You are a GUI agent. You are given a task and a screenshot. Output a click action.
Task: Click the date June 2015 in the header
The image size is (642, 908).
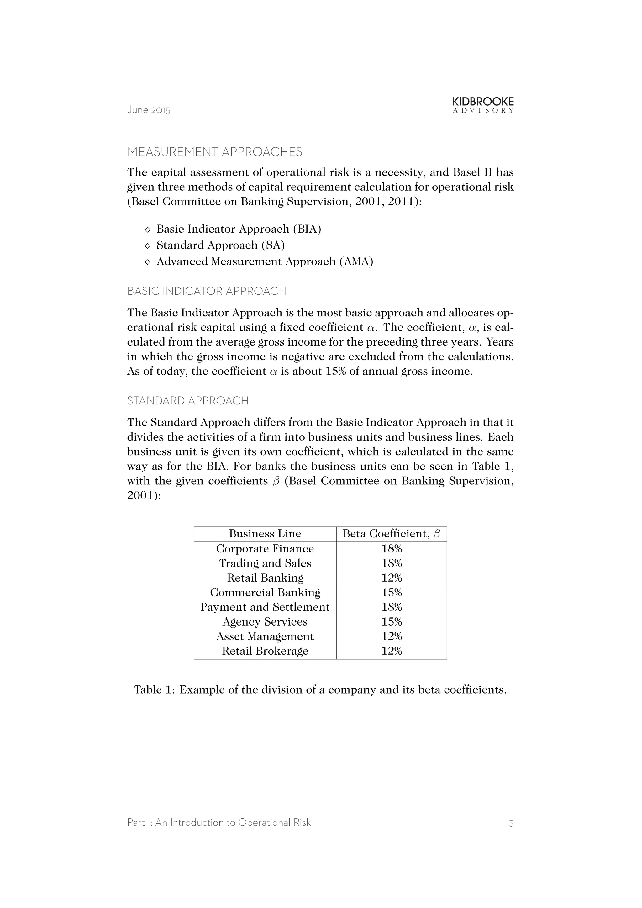click(x=149, y=110)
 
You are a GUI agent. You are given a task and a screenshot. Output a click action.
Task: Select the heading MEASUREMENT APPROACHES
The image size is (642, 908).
click(x=215, y=152)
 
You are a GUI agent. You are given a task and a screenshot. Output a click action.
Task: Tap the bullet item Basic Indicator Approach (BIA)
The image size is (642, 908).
click(x=238, y=229)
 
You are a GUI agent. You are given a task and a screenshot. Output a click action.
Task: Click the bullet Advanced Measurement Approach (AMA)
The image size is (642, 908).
click(x=265, y=261)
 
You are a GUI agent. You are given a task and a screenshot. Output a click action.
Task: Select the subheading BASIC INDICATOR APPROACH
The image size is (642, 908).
click(x=206, y=291)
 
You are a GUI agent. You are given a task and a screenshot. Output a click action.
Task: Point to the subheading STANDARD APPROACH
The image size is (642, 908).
click(x=187, y=401)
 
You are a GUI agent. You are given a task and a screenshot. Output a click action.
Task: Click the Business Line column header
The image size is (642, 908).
click(x=265, y=534)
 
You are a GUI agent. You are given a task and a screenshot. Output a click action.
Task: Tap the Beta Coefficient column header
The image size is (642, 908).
click(x=391, y=534)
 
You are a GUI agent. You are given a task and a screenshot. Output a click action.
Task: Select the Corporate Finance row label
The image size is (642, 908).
click(x=265, y=548)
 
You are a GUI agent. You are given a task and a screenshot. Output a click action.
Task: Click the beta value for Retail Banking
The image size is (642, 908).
click(x=391, y=578)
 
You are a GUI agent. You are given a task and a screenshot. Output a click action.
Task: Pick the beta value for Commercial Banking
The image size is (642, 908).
click(x=391, y=592)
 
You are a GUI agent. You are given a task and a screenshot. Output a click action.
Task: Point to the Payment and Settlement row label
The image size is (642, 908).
click(x=265, y=607)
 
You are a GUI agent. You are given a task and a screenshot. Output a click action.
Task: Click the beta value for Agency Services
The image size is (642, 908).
click(x=391, y=622)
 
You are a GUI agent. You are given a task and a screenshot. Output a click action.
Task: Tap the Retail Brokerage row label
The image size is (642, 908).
click(x=265, y=651)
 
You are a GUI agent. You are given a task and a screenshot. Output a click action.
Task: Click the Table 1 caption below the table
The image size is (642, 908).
click(x=320, y=690)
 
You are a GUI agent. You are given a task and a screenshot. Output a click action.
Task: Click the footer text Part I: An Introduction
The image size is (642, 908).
click(x=218, y=823)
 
